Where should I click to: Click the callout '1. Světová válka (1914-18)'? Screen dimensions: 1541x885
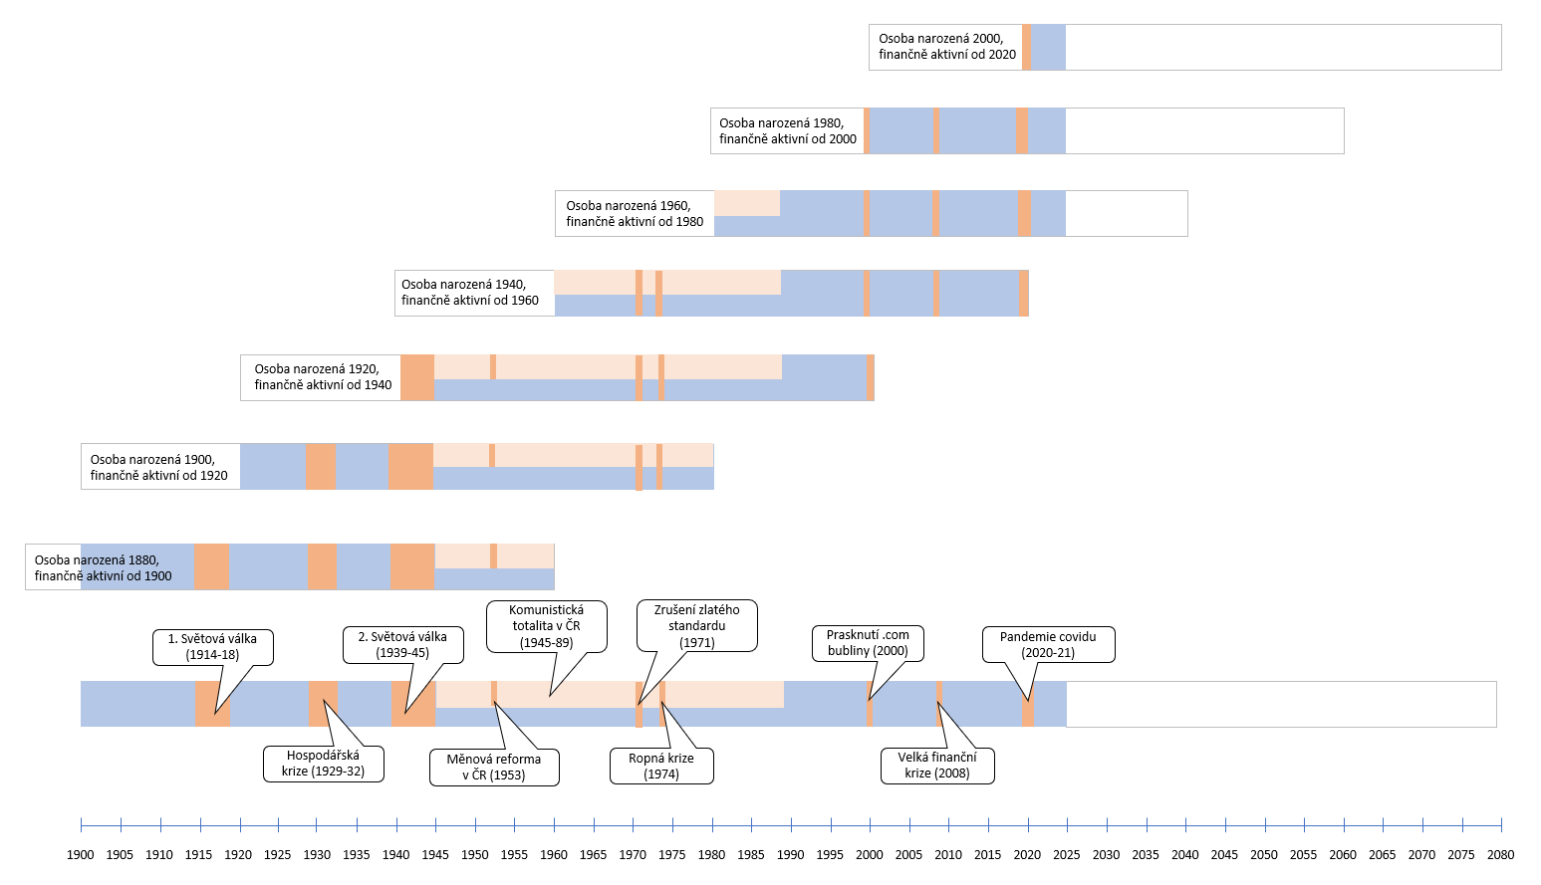tap(212, 647)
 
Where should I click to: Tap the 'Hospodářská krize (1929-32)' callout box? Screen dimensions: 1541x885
tap(324, 764)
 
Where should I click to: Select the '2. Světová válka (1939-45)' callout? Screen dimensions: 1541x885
tap(403, 645)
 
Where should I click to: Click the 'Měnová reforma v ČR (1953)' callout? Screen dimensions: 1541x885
tap(494, 768)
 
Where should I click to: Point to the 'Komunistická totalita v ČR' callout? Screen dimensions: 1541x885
tap(546, 626)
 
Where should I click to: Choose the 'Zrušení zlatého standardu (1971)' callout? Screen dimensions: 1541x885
tap(697, 626)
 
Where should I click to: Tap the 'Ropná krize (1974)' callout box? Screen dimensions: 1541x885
tap(661, 766)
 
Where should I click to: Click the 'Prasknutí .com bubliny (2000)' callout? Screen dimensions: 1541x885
tap(868, 643)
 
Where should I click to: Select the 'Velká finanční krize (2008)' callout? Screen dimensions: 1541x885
tap(937, 766)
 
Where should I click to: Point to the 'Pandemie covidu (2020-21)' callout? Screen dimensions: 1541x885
tap(1048, 644)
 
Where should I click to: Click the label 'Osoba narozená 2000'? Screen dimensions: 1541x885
tap(940, 39)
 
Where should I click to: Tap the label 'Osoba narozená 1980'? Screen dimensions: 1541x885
tap(782, 123)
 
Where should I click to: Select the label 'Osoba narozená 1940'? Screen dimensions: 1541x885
tap(463, 285)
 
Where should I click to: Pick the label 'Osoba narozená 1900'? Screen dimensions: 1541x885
tap(152, 459)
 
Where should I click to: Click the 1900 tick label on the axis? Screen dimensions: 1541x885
tap(81, 855)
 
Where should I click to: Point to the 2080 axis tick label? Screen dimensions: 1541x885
tap(1500, 855)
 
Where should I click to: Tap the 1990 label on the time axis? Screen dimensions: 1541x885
tap(791, 855)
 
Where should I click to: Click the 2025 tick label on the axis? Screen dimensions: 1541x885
tap(1066, 855)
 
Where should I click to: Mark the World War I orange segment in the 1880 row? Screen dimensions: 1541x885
tap(212, 566)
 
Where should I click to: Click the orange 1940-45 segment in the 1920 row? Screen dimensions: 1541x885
tap(417, 377)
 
